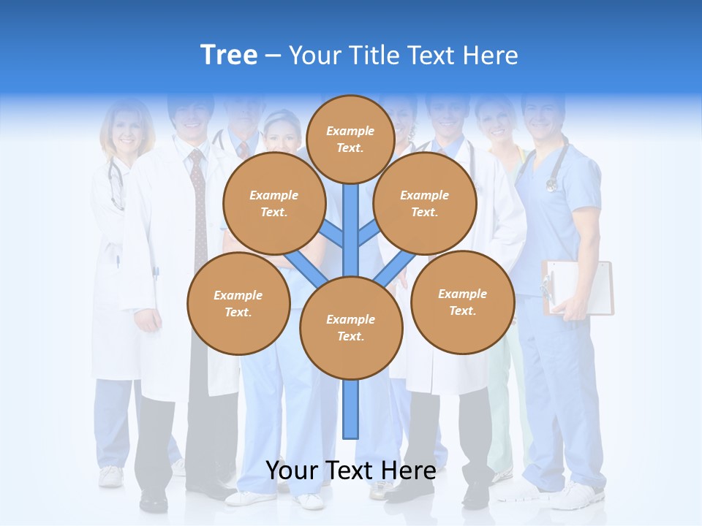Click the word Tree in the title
(x=229, y=56)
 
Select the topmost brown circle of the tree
(x=350, y=139)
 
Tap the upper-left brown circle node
(x=273, y=203)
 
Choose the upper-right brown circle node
(x=425, y=203)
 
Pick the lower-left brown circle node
(x=238, y=303)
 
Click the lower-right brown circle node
(x=462, y=302)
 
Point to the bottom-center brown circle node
(x=351, y=328)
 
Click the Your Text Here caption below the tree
(x=350, y=470)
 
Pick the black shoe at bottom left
(x=154, y=500)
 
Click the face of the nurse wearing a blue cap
(x=282, y=135)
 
